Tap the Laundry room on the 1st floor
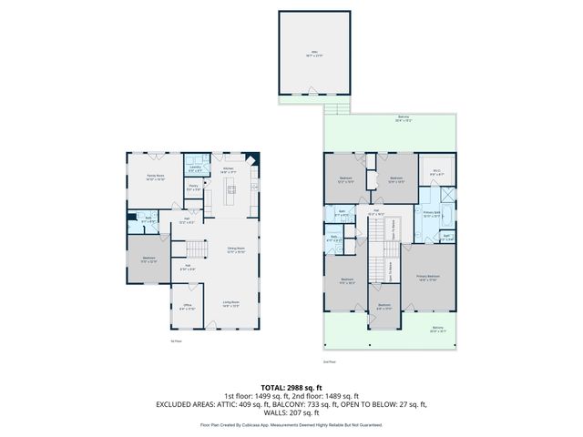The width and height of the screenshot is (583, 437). click(195, 168)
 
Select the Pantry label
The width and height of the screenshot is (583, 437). click(193, 188)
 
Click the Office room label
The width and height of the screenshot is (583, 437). click(186, 308)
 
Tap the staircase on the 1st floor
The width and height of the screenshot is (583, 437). click(196, 248)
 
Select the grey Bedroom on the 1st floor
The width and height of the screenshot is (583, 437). click(148, 259)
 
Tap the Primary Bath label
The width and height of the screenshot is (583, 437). click(432, 214)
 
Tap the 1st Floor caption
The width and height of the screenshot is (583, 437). click(177, 341)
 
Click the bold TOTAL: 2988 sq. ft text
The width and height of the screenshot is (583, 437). click(291, 387)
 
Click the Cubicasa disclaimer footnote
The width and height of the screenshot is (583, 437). click(291, 424)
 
